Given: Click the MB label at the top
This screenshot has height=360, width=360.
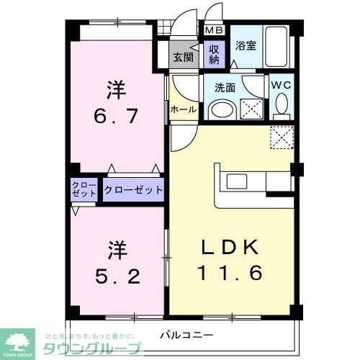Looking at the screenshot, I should click(214, 30).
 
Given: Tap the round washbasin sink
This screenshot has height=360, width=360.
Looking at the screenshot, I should click(223, 111).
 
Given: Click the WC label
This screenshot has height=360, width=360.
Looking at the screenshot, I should click(280, 84).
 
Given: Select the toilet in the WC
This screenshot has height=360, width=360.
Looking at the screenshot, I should click(282, 109).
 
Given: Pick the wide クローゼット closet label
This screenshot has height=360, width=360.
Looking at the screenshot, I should click(133, 191).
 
